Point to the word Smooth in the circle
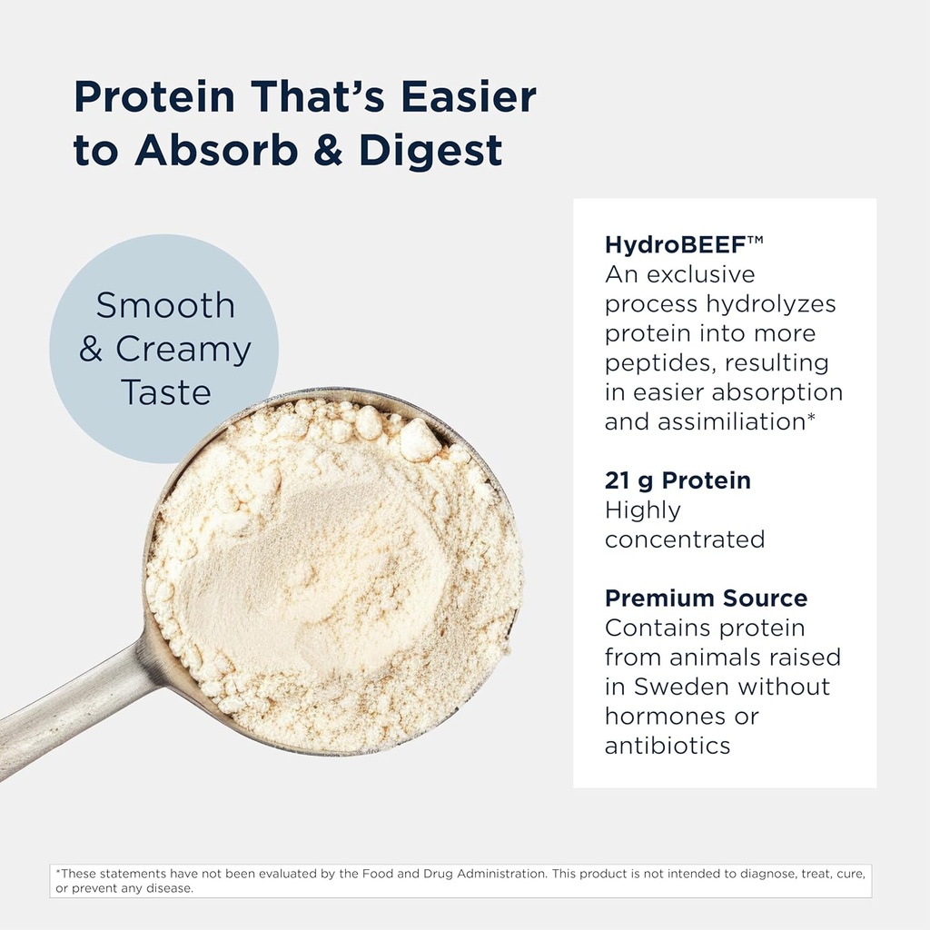[165, 306]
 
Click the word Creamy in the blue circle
[183, 350]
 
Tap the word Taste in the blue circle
[165, 393]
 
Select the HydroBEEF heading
[672, 244]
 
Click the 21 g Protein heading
[678, 480]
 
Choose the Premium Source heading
[706, 599]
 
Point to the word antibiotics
[668, 746]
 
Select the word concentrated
[685, 539]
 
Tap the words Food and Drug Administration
[463, 874]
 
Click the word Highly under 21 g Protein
[643, 510]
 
